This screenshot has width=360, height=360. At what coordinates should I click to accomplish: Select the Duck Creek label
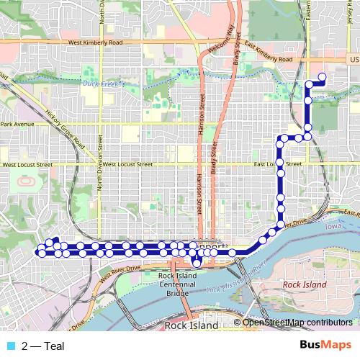point(104,84)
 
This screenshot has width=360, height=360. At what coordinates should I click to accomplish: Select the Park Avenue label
point(17,125)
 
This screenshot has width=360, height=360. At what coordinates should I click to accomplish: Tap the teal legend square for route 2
point(10,346)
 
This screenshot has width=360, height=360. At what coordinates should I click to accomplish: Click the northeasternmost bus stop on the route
point(322,77)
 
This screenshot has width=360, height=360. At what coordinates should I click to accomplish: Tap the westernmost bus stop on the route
point(40,253)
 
